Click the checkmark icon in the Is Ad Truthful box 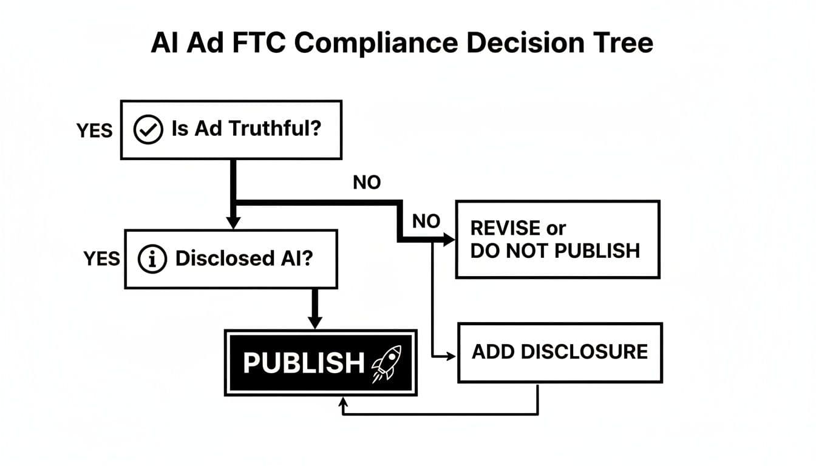tap(148, 130)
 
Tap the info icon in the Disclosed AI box tap(152, 260)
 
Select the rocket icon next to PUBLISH tap(385, 363)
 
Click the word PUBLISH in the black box tap(304, 363)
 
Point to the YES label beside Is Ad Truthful tap(94, 130)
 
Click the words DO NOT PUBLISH tap(555, 251)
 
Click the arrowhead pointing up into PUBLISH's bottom tap(344, 402)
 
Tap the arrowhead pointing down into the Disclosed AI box tap(233, 223)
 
